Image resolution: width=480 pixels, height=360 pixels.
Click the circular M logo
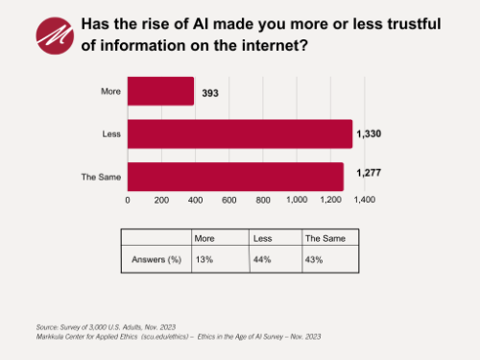point(55,36)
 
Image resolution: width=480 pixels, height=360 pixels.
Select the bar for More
point(160,92)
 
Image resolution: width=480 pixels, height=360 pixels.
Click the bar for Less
point(240,134)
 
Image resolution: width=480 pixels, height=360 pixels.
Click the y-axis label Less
point(110,134)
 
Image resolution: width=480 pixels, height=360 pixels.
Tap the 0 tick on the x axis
point(128,200)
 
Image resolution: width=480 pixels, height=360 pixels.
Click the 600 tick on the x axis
point(228,200)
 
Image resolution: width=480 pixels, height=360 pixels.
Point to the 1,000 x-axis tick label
point(296,200)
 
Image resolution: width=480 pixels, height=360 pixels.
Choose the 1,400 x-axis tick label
point(363,200)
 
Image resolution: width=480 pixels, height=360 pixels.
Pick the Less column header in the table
point(261,237)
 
